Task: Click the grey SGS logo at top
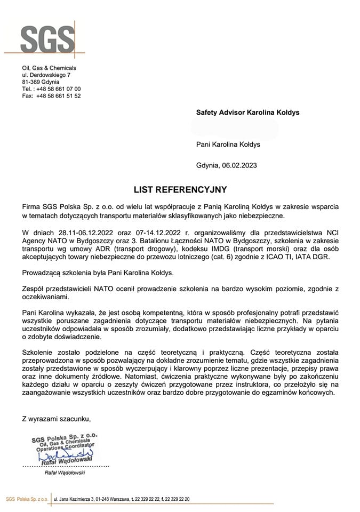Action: pos(47,39)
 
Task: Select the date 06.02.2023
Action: pos(239,165)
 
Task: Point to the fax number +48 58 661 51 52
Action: pos(59,96)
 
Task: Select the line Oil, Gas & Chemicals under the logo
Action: pos(49,68)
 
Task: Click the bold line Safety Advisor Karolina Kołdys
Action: pos(247,113)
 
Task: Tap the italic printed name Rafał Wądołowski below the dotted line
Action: pos(63,473)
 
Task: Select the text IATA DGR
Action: pos(315,257)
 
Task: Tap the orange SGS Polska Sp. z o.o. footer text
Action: pos(27,499)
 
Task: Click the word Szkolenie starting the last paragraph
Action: pos(39,352)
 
